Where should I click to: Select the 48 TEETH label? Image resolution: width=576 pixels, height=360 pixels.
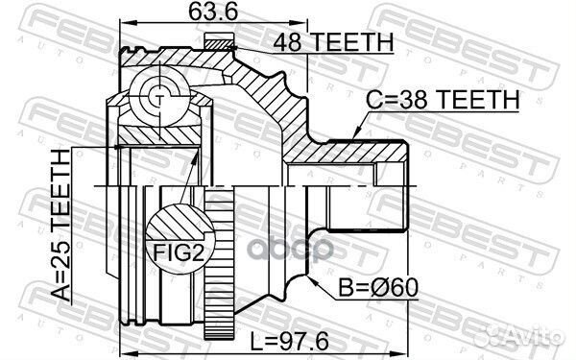334,41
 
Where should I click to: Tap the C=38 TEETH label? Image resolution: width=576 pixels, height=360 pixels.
443,98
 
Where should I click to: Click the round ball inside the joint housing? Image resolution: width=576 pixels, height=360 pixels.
157,95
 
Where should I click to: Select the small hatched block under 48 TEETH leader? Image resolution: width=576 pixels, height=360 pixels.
219,41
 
